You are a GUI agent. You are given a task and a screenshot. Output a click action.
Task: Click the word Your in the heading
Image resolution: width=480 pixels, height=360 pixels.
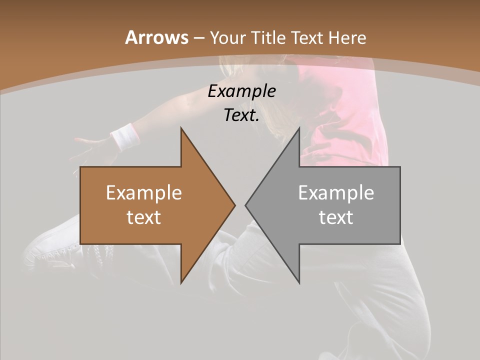pyautogui.click(x=228, y=37)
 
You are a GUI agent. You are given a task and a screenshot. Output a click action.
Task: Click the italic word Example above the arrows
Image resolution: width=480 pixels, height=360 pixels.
pyautogui.click(x=241, y=91)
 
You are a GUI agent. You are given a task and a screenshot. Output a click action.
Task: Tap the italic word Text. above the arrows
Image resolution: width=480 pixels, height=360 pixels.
pyautogui.click(x=241, y=115)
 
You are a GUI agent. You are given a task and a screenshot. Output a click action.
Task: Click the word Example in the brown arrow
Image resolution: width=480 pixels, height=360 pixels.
pyautogui.click(x=144, y=192)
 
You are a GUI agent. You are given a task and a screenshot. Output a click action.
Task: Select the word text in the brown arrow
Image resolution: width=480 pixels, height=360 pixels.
pyautogui.click(x=144, y=217)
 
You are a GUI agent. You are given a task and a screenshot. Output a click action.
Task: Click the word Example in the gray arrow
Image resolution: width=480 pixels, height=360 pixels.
pyautogui.click(x=336, y=192)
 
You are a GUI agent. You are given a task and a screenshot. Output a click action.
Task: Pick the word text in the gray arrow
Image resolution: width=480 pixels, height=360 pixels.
pyautogui.click(x=336, y=217)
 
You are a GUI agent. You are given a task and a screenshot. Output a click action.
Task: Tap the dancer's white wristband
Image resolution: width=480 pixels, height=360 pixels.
pyautogui.click(x=124, y=136)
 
